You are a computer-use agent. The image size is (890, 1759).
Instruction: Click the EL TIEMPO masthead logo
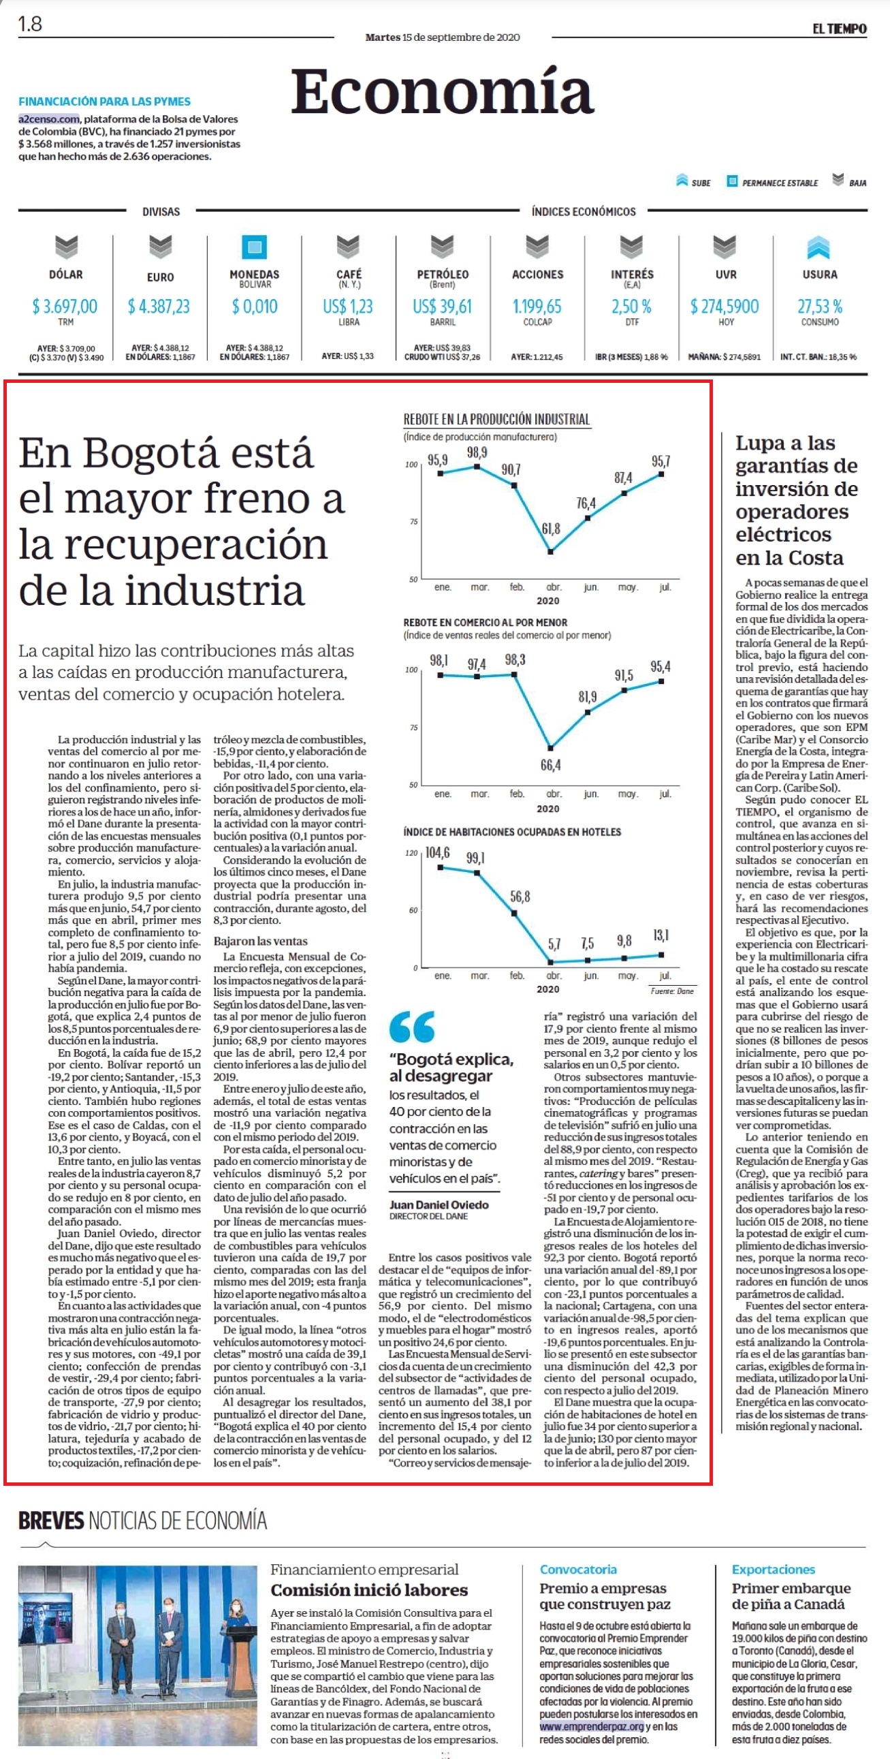(839, 29)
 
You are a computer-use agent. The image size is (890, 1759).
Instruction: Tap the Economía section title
(442, 91)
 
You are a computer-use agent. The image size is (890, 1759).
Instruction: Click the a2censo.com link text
(49, 119)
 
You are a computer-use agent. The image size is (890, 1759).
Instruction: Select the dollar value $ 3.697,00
(65, 306)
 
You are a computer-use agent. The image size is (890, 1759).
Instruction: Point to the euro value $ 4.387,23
(159, 306)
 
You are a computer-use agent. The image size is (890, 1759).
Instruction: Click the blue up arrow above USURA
(819, 247)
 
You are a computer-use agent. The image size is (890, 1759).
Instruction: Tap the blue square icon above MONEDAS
(255, 247)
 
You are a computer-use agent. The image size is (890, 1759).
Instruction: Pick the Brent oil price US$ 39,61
(442, 306)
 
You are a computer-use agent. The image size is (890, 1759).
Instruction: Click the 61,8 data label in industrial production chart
(551, 529)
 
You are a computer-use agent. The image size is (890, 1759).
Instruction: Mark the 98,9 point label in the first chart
(477, 452)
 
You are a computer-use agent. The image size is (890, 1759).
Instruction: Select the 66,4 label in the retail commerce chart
(551, 765)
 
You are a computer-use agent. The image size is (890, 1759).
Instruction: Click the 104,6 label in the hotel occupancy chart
(437, 853)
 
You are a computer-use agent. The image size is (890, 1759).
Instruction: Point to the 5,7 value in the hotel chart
(554, 944)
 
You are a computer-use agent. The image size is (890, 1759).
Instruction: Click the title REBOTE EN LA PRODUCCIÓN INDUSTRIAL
(496, 419)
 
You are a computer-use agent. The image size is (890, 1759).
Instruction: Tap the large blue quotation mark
(411, 1027)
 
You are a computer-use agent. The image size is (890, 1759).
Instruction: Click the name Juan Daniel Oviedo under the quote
(439, 1204)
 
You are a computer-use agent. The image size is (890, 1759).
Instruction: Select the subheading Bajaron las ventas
(260, 941)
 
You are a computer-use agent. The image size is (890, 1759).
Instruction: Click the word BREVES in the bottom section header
(51, 1521)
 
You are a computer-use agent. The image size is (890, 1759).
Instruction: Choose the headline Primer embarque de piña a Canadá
(791, 1595)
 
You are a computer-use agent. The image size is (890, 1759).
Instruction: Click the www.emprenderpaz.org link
(591, 1727)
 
